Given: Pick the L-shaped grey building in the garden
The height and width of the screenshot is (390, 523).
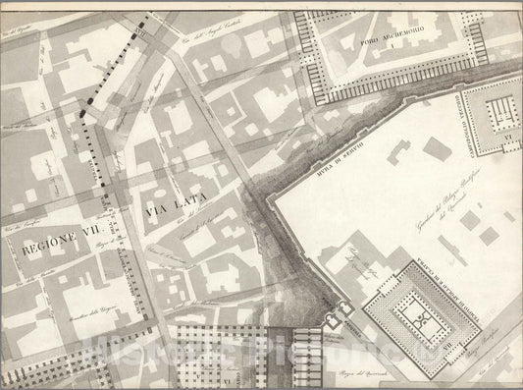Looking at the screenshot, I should [x=399, y=153].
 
